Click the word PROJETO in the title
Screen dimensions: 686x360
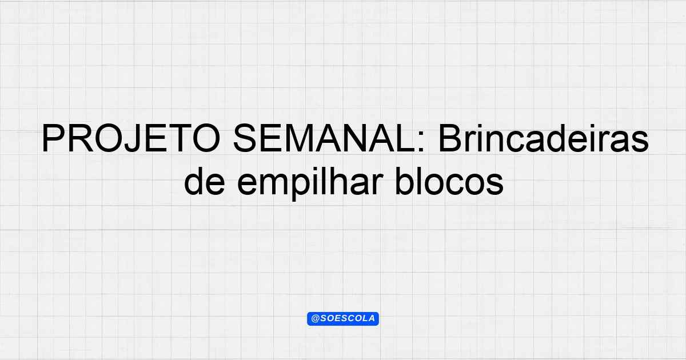(131, 138)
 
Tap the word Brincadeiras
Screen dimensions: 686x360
(544, 138)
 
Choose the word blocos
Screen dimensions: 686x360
(449, 181)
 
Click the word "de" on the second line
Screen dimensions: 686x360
(204, 181)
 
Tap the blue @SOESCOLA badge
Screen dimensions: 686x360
(343, 319)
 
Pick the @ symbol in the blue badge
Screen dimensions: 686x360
(315, 319)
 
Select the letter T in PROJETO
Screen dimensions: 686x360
(178, 138)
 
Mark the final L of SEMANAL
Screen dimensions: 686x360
(405, 138)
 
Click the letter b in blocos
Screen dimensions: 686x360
(405, 181)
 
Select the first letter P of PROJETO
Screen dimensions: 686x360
(53, 138)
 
